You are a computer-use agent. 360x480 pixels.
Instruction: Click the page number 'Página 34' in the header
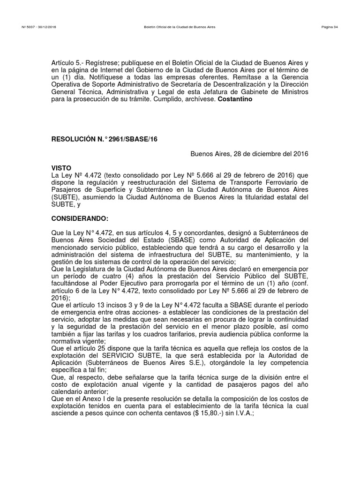330,27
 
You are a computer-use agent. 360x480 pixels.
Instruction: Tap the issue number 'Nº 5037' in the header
29,27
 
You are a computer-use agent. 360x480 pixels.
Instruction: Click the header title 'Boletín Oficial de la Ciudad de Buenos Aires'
180,27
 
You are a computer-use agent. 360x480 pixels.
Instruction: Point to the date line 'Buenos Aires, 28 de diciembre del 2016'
249,154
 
